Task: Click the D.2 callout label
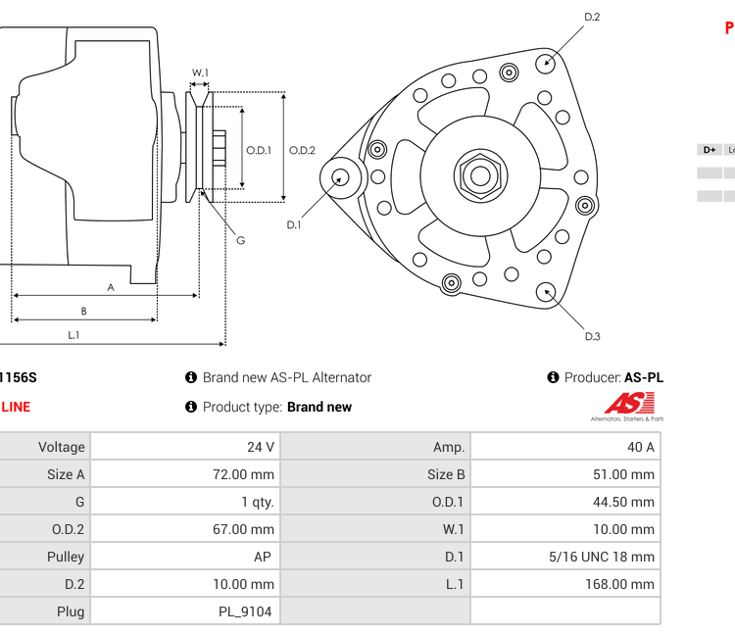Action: pos(592,17)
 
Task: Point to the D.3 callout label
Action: pos(592,336)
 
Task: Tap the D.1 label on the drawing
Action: pos(293,225)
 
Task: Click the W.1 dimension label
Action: pos(200,73)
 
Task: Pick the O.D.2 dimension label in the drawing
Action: pos(302,150)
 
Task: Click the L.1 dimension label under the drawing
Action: pos(73,334)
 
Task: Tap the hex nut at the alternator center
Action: pos(479,176)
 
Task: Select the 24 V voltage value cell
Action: pos(261,447)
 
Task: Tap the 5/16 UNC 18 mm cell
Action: pos(601,557)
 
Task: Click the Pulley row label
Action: pos(66,557)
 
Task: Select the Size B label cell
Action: pos(446,474)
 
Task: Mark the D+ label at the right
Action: pos(709,150)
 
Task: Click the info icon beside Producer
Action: pos(554,377)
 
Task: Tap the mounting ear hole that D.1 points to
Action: pos(340,177)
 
